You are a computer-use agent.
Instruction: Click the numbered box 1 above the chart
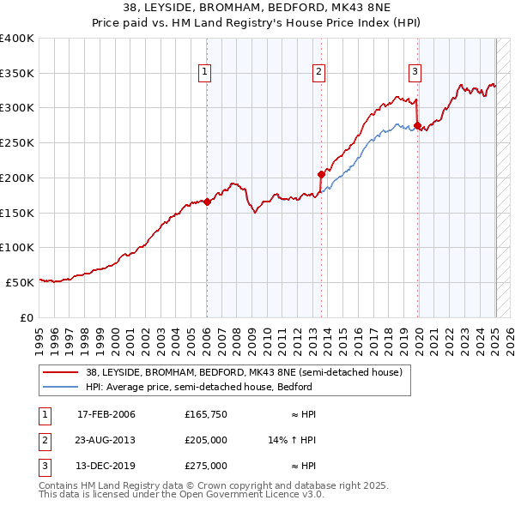(x=206, y=73)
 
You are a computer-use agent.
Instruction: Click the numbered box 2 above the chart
(x=318, y=73)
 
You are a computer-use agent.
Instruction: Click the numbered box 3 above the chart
(x=415, y=73)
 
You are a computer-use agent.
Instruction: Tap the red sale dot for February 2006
(x=207, y=202)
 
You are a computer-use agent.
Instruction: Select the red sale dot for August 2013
(x=321, y=174)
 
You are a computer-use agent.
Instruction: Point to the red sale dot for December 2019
(x=417, y=125)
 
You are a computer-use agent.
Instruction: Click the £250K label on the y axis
(x=17, y=142)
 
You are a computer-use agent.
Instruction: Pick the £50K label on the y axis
(x=20, y=282)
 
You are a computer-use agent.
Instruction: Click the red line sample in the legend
(x=61, y=373)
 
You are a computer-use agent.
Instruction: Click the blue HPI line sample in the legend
(x=61, y=387)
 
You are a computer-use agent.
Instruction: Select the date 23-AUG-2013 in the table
(x=106, y=441)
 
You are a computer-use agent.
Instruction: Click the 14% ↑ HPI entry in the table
(x=293, y=441)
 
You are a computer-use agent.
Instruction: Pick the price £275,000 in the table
(x=206, y=467)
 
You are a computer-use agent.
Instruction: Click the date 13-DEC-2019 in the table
(x=106, y=467)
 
